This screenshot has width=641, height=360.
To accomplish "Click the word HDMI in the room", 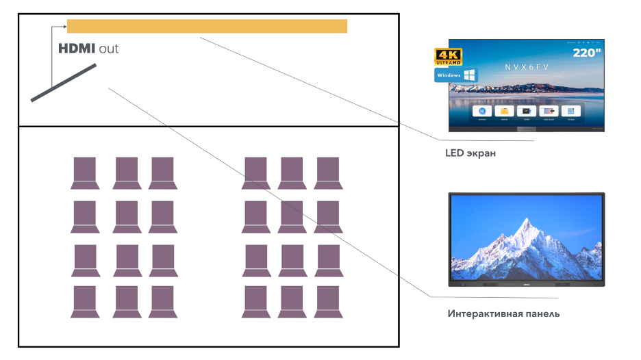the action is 77,49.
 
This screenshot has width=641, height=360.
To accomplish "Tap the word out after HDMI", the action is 109,49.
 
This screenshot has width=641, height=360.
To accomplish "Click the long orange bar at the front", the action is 207,26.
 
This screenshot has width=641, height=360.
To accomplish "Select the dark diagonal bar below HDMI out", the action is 64,83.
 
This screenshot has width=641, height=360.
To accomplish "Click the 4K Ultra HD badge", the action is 449,56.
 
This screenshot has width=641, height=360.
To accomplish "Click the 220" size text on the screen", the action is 587,52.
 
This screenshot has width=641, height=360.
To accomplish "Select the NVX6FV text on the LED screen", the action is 527,66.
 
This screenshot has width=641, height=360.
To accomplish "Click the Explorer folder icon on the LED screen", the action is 505,111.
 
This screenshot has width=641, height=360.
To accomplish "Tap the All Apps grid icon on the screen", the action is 570,111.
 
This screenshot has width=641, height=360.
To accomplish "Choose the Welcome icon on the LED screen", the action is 482,111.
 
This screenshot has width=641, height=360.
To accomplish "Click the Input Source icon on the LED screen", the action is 549,111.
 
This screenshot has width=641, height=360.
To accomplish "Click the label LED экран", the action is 470,153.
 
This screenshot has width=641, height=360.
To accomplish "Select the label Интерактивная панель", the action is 503,313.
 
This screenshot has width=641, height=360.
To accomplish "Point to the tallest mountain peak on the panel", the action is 525,222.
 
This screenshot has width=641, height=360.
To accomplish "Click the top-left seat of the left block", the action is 85,172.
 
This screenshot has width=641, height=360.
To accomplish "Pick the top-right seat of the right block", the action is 327,172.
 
